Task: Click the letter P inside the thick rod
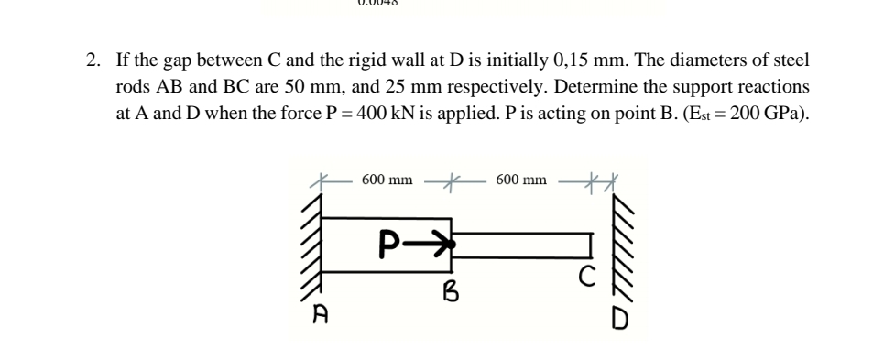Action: pos(389,244)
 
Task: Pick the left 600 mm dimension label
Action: pos(387,179)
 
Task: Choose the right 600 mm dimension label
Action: pos(521,180)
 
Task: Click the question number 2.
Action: pos(92,61)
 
